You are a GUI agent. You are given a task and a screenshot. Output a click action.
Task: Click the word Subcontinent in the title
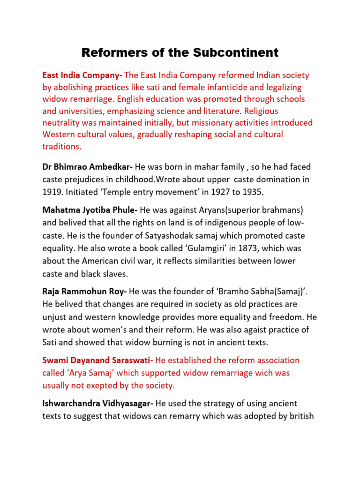236,53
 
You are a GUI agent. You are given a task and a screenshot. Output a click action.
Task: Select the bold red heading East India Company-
82,75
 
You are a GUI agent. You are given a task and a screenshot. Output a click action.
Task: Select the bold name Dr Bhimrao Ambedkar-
88,167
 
